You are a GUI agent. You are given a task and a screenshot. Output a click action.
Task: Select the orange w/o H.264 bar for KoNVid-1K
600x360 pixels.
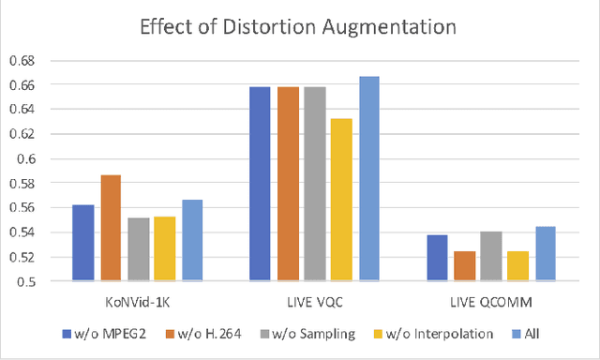[111, 228]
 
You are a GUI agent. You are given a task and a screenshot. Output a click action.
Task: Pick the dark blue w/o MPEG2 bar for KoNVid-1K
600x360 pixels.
[83, 243]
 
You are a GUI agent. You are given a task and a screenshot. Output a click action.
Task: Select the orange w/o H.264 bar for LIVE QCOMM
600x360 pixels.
[463, 266]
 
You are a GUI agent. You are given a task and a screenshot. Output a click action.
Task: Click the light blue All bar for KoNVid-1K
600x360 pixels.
[192, 240]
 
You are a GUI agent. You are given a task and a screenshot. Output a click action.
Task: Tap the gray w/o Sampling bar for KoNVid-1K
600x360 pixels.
[138, 249]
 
